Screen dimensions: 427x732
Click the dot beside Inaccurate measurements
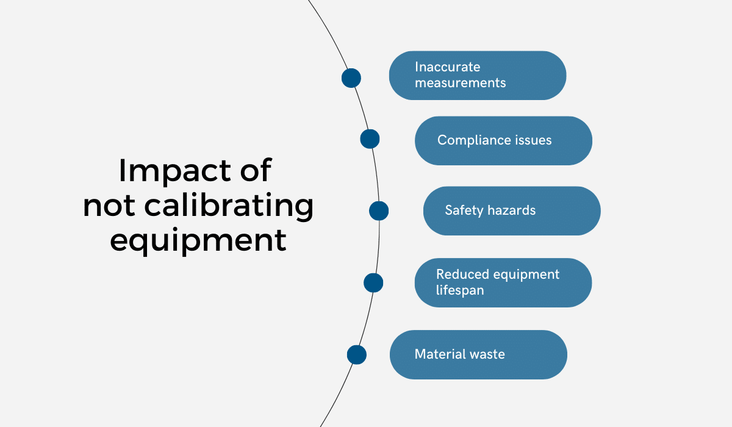pyautogui.click(x=351, y=78)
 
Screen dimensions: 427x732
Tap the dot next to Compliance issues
pyautogui.click(x=370, y=139)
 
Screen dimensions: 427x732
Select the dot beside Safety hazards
pyautogui.click(x=379, y=211)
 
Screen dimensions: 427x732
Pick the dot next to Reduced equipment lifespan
pyautogui.click(x=373, y=283)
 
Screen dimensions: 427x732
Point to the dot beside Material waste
pyautogui.click(x=357, y=355)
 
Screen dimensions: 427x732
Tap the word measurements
pyautogui.click(x=460, y=83)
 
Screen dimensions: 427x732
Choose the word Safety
pyautogui.click(x=464, y=210)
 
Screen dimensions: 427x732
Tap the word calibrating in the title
pyautogui.click(x=229, y=206)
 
